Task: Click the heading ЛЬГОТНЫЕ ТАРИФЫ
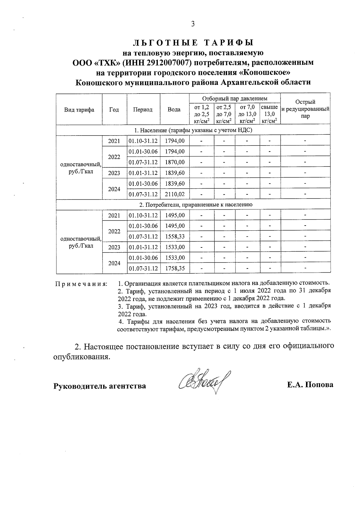(193, 43)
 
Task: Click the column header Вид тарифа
(79, 109)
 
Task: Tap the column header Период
(143, 109)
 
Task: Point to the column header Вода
(174, 109)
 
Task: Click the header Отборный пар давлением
(235, 98)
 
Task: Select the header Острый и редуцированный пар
(305, 109)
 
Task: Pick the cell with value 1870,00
(175, 162)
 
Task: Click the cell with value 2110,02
(175, 194)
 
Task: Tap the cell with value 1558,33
(175, 236)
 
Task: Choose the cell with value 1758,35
(175, 268)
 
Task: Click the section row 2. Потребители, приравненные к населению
(193, 205)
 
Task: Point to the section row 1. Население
(193, 130)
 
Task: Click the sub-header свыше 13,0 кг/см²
(269, 114)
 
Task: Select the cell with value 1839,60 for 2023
(175, 173)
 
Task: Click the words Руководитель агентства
(100, 386)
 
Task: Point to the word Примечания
(81, 284)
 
